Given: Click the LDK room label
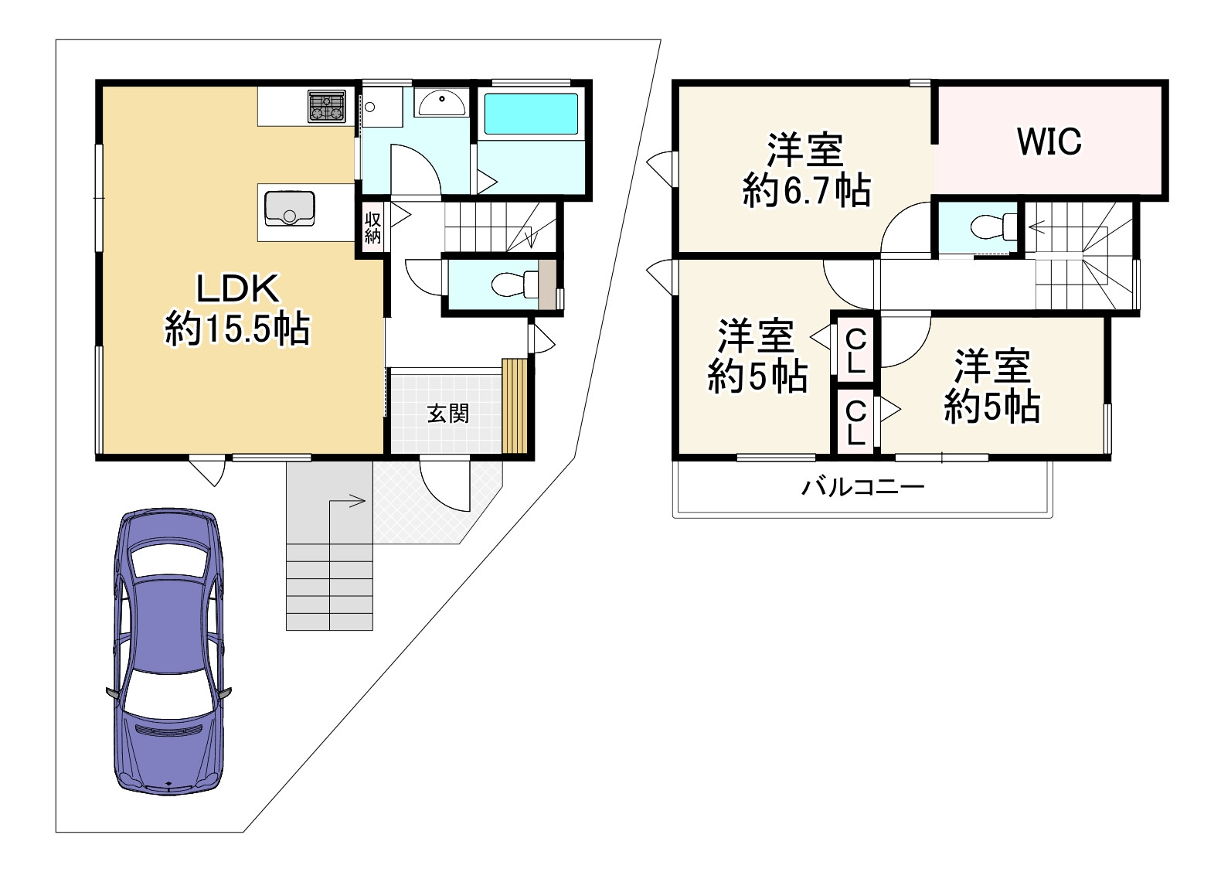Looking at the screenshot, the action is point(238,288).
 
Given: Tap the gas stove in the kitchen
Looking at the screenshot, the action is point(327,106).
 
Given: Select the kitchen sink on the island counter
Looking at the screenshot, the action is point(290,208).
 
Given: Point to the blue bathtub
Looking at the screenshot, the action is point(531,114).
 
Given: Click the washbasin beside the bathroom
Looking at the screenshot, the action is point(441,101).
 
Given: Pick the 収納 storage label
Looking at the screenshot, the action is point(372,228).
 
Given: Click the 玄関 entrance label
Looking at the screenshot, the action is point(447,414).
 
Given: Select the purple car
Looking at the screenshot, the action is point(168,651).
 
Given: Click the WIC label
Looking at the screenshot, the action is point(1049,141).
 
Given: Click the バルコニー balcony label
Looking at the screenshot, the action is point(863,486).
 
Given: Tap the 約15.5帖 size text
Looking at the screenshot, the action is point(238,329).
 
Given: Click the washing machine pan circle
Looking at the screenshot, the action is point(369,107).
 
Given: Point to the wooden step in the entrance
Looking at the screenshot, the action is point(515,406).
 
